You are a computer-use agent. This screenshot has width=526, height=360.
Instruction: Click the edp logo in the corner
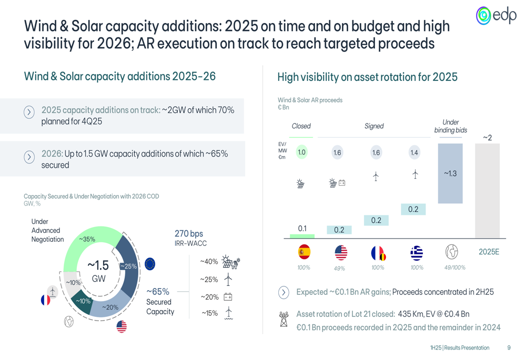496,16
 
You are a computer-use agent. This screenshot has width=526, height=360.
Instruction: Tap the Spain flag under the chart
304,252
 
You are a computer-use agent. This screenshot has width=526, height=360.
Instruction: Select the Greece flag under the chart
416,253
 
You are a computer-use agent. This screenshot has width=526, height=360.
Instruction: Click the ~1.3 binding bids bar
450,173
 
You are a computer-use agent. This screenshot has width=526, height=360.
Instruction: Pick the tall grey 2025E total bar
487,189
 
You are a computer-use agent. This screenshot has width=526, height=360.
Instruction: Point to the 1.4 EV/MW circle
414,153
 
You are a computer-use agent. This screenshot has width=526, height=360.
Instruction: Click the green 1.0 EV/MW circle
301,152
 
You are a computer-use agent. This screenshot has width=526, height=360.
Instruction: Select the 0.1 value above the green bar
302,229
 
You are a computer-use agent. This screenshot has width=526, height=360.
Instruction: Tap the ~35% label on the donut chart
87,239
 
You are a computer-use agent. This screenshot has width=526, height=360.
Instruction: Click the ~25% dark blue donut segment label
128,266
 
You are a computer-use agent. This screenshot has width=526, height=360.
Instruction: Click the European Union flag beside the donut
150,264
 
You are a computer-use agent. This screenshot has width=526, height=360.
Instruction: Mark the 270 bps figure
189,233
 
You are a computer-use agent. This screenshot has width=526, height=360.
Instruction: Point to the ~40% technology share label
209,261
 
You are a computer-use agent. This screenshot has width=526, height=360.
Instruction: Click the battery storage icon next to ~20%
228,297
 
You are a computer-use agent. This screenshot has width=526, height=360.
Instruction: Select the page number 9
509,348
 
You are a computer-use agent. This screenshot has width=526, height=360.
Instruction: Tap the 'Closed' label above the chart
301,126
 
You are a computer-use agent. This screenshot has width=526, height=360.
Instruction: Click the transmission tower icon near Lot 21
284,319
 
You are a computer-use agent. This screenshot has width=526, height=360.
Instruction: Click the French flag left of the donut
46,300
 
